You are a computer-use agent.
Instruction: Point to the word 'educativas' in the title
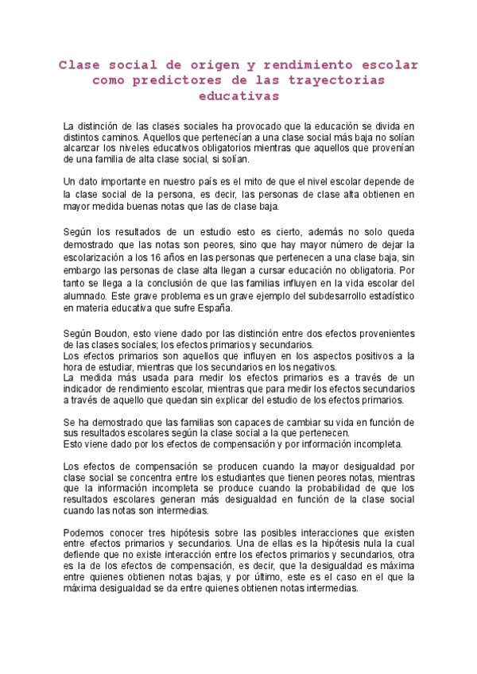(x=238, y=96)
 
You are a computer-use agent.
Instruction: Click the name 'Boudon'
(x=115, y=332)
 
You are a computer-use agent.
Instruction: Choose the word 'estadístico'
(x=377, y=296)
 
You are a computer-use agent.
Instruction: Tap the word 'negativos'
(x=315, y=366)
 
